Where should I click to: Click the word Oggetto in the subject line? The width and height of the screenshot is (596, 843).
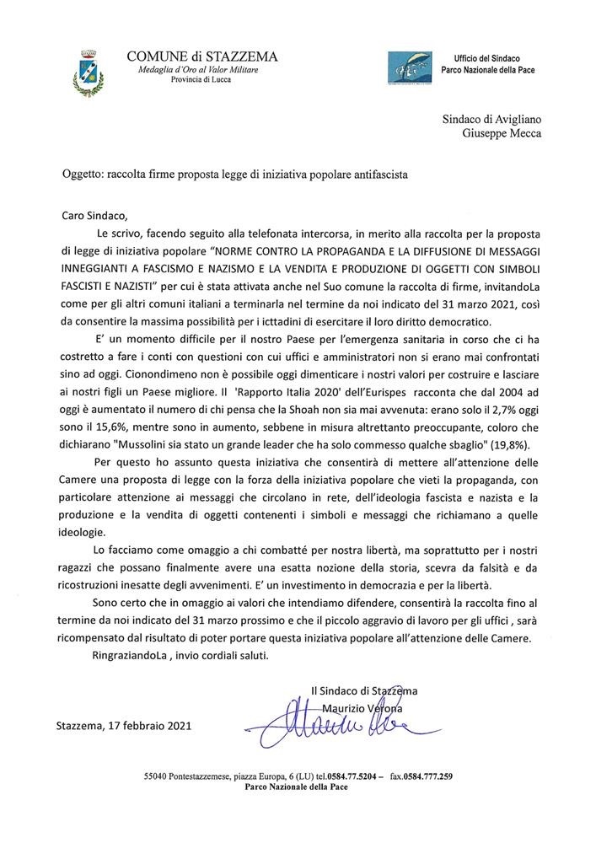[82, 175]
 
